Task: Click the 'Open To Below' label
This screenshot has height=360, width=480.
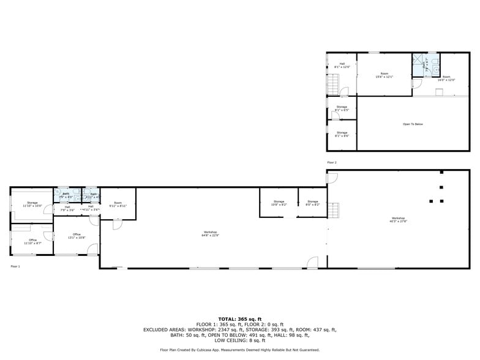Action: tap(413, 124)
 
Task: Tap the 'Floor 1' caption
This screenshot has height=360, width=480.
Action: tap(15, 266)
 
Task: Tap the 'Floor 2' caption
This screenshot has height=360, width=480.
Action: tap(332, 162)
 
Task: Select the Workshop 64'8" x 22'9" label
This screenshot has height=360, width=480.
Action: tap(211, 233)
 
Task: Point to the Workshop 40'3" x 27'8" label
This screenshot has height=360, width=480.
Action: tap(398, 219)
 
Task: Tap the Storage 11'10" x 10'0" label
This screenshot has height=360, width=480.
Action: tap(32, 204)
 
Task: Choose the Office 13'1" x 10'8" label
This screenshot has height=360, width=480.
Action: tap(77, 235)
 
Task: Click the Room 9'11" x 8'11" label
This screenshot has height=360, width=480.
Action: tap(118, 204)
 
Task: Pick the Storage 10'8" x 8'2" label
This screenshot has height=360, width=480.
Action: tap(279, 203)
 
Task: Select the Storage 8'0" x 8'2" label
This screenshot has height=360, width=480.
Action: tap(313, 203)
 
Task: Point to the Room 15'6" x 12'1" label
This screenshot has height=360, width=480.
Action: tap(384, 75)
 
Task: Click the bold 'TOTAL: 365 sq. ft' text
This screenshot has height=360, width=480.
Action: tap(240, 319)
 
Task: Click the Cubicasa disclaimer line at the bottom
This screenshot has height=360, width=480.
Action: tap(240, 350)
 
